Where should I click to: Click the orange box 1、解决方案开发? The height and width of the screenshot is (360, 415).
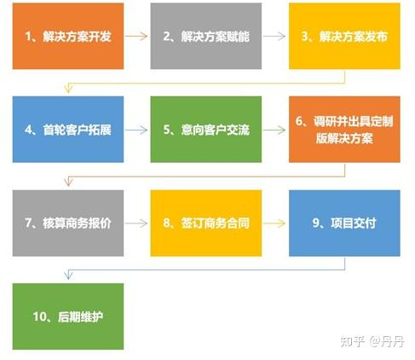(67, 38)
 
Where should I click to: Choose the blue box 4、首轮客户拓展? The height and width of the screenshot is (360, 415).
(67, 131)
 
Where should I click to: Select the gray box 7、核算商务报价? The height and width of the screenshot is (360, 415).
(67, 224)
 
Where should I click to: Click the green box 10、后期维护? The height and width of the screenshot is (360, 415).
(67, 316)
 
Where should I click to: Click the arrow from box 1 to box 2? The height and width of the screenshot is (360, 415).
(136, 38)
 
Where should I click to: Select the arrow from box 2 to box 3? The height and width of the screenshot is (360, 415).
(274, 38)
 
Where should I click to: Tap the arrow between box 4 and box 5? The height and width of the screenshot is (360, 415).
(136, 131)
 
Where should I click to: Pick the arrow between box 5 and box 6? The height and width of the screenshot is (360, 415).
(274, 131)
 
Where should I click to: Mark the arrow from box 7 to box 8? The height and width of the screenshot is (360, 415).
(136, 224)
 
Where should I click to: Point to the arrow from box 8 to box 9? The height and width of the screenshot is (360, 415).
(274, 224)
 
